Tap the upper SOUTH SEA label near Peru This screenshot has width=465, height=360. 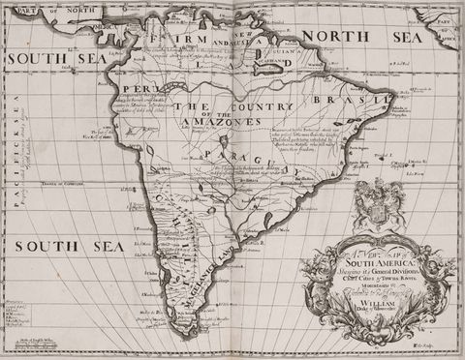tap(44, 58)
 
